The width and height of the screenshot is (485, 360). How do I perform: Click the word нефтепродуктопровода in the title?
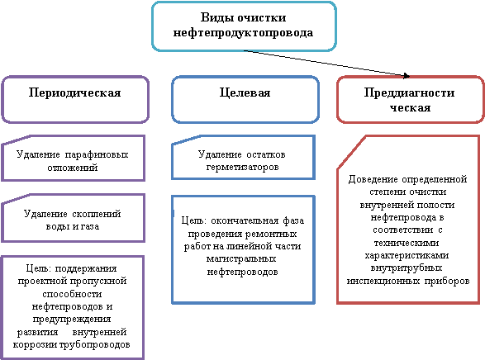pos(243,32)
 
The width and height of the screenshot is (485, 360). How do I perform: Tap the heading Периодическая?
pos(74,92)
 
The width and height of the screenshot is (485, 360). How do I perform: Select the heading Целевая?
pos(245,92)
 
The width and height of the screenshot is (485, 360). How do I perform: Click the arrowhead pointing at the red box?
pos(407,76)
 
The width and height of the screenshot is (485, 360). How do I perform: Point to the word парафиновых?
pos(97,154)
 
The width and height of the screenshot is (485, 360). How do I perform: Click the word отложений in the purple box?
pos(73,168)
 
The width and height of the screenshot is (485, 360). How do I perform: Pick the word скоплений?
pos(97,214)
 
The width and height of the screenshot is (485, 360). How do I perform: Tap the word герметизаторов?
pos(243,167)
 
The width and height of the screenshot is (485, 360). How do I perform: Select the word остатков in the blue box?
pos(266,154)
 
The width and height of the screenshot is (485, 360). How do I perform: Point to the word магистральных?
pos(241,258)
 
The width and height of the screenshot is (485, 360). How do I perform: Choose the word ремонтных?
pos(271,234)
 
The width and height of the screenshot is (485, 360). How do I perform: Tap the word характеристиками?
pos(407,256)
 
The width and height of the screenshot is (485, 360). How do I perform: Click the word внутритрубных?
pos(407,268)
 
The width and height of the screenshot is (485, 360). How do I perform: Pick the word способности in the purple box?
pos(72,294)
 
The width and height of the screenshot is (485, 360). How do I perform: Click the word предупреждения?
pos(72,319)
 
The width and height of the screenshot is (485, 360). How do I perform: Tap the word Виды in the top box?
pos(216,17)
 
